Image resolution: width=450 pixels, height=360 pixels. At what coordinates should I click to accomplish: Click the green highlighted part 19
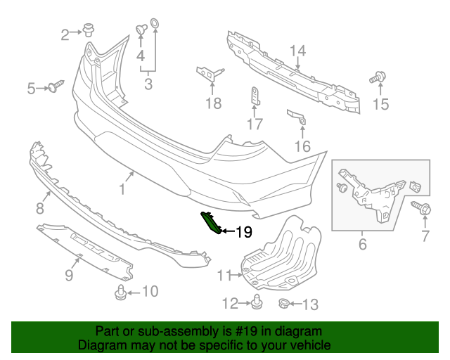coord(211,222)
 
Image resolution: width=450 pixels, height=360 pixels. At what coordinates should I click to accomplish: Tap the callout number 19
coord(244,232)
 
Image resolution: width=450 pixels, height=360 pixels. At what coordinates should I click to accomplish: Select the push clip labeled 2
coord(89,30)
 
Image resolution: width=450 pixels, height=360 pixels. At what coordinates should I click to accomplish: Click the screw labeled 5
coord(56,86)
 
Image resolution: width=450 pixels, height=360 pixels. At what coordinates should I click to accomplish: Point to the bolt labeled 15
coord(378,77)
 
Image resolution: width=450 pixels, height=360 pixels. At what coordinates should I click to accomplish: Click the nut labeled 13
coord(284,304)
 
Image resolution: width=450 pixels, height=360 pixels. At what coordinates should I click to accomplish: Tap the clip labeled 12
coord(257,302)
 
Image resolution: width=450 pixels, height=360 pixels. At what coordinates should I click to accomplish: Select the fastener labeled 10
coord(121,292)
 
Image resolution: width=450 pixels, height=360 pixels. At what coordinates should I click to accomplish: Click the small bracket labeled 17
coord(255,96)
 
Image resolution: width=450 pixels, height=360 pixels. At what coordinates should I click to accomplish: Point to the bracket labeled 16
coord(297,117)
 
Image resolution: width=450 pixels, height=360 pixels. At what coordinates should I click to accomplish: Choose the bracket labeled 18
coord(210,74)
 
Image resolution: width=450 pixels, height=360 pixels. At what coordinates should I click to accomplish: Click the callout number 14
coord(298,51)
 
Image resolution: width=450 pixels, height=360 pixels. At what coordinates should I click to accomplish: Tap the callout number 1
coord(122,189)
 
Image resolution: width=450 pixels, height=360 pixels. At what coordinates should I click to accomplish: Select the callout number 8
coord(40,208)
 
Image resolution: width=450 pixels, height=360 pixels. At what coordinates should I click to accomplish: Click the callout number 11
coord(224,276)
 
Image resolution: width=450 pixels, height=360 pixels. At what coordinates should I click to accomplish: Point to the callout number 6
coord(363,244)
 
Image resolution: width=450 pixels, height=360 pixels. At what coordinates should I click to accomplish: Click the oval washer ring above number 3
coord(155,23)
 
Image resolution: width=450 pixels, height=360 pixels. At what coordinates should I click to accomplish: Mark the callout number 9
coord(69,275)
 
